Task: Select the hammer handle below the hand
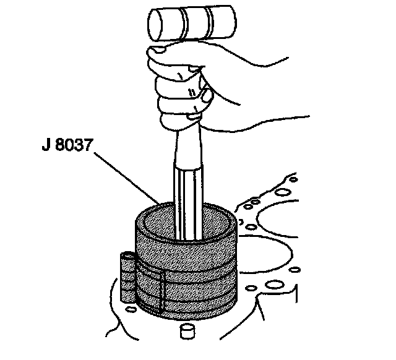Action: pyautogui.click(x=188, y=186)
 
